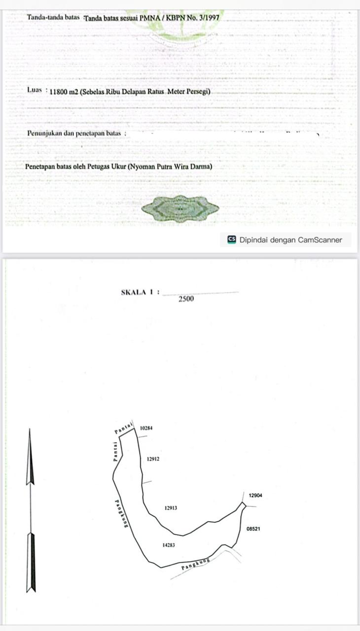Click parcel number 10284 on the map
(x=146, y=428)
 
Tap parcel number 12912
(x=153, y=459)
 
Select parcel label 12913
(x=171, y=508)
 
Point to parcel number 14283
(x=169, y=545)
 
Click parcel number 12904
(x=255, y=495)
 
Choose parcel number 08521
(x=253, y=529)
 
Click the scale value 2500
(x=186, y=299)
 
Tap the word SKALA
(x=134, y=292)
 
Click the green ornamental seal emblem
(x=180, y=209)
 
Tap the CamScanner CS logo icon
(x=232, y=240)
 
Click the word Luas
(x=35, y=90)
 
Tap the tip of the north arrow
(x=30, y=429)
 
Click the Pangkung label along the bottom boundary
(x=196, y=563)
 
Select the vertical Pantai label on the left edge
(x=115, y=451)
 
